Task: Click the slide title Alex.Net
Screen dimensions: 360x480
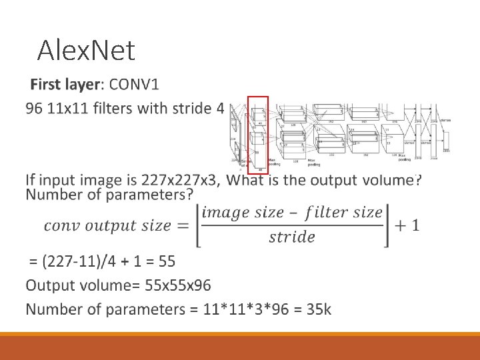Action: (87, 50)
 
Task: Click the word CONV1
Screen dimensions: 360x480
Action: (135, 85)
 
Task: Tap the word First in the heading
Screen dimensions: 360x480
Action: (47, 85)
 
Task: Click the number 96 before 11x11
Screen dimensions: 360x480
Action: (34, 108)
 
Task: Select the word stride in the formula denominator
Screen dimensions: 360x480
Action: (292, 237)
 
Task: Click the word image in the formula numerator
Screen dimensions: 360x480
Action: (223, 213)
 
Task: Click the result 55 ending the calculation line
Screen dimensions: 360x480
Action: (167, 260)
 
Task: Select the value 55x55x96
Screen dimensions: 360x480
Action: (177, 285)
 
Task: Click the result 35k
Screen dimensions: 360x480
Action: (318, 309)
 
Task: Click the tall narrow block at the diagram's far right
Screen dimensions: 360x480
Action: (446, 141)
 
